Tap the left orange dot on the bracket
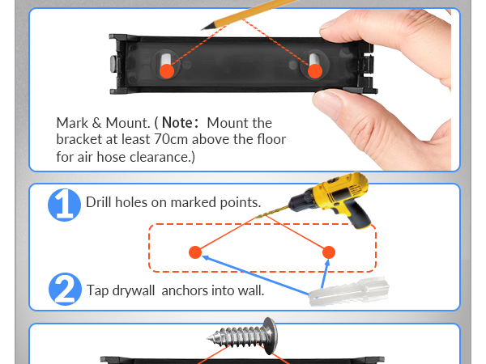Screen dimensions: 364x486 point(166,71)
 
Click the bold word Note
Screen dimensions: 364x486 point(178,124)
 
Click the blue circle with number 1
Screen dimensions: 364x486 point(65,205)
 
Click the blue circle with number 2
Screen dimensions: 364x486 point(65,289)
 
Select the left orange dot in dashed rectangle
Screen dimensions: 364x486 point(194,252)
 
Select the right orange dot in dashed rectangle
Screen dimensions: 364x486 point(328,252)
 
